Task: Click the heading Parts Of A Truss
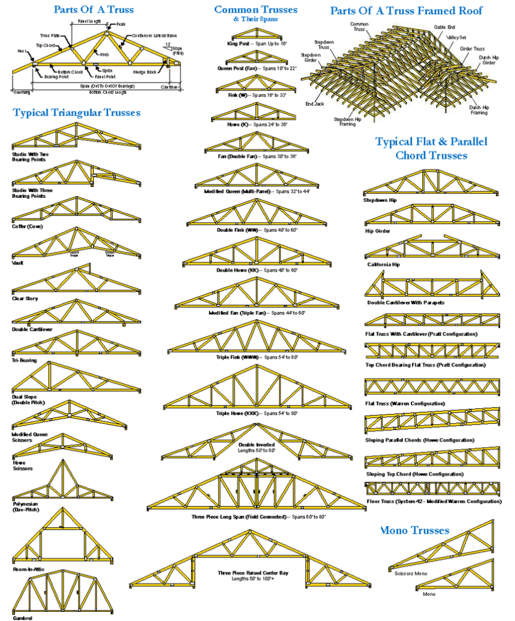[x=93, y=10]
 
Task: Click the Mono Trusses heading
[x=415, y=531]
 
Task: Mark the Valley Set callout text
[x=457, y=37]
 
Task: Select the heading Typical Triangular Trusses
[x=77, y=113]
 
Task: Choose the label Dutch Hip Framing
[x=478, y=110]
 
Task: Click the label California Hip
[x=383, y=265]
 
